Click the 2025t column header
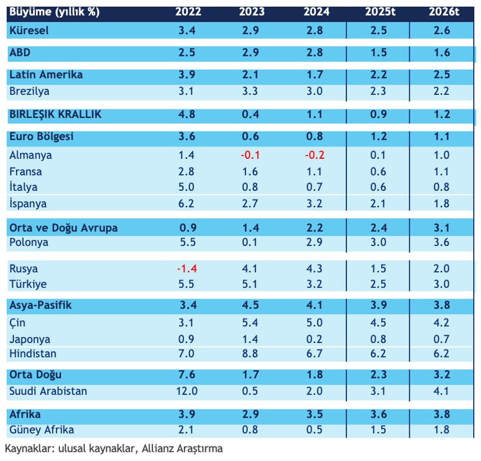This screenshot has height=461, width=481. click(378, 12)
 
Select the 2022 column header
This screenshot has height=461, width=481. click(186, 12)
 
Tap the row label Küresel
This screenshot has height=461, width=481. click(29, 30)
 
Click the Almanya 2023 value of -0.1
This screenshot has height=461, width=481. click(249, 155)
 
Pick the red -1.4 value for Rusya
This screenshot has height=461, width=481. click(186, 268)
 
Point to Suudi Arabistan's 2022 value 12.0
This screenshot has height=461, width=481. click(186, 391)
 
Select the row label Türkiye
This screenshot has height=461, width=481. click(28, 284)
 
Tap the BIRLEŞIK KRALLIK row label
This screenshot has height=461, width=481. click(55, 114)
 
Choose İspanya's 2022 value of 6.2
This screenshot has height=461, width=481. click(186, 203)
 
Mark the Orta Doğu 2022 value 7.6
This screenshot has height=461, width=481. click(186, 375)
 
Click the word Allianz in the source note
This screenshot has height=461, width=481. click(161, 449)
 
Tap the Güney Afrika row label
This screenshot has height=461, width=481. click(41, 430)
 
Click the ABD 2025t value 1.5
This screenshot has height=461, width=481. click(378, 53)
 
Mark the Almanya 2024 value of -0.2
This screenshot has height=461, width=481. click(314, 155)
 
